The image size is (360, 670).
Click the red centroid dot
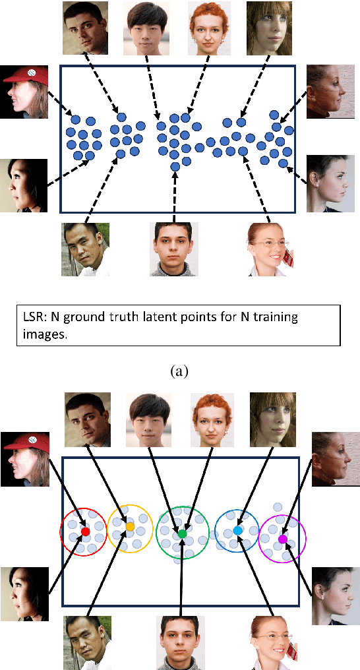[x=85, y=531]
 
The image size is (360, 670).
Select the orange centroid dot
[x=130, y=527]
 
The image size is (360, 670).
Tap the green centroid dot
[x=183, y=533]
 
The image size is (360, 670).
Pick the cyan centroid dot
[x=237, y=530]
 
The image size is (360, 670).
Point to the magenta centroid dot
[x=283, y=539]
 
